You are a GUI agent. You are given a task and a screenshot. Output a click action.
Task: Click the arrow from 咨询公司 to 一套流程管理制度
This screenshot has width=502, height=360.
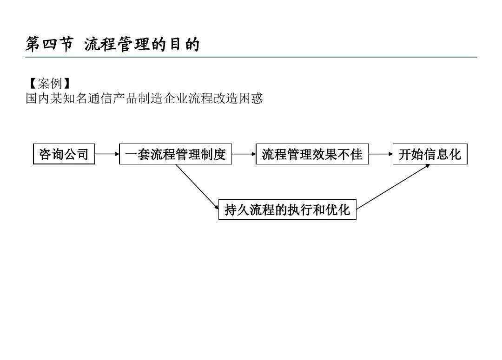pos(107,154)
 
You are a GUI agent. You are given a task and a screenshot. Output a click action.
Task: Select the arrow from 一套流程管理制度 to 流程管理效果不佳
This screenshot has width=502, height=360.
pos(244,154)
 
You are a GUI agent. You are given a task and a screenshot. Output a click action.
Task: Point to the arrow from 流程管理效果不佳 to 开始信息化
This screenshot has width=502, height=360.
pos(381,154)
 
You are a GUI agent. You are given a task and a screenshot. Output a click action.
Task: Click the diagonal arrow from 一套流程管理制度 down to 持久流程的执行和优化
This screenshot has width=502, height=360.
pos(197,187)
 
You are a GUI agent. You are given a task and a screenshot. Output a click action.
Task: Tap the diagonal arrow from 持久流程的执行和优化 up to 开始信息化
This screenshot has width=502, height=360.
pos(393,187)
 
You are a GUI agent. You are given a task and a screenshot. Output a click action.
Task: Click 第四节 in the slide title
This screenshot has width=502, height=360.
pos(50,44)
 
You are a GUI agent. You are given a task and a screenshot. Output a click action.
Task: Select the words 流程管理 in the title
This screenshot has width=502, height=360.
pos(117,44)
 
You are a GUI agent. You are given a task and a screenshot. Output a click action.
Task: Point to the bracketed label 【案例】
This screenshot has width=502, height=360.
pos(50,84)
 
